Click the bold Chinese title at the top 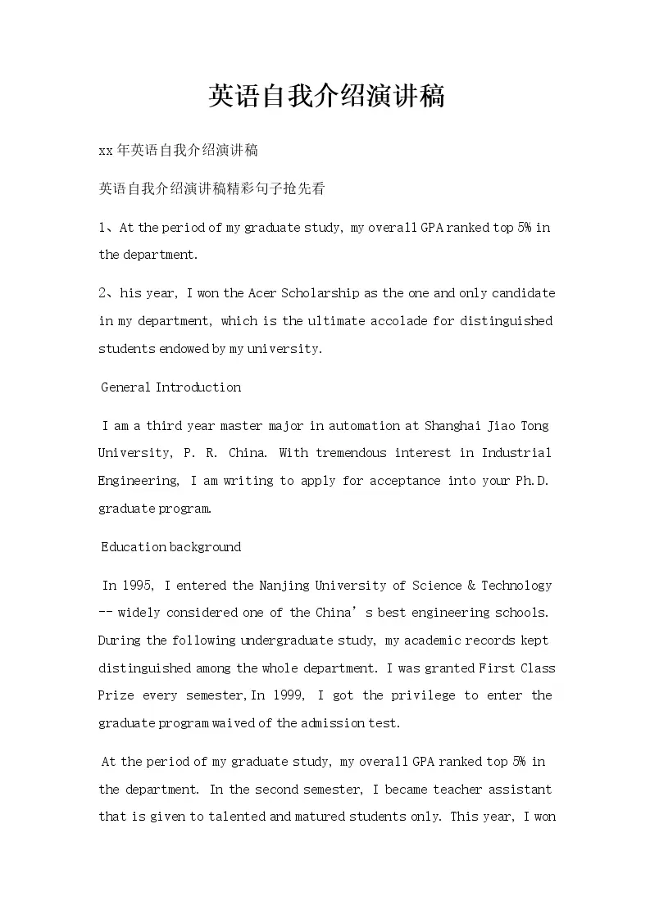(325, 97)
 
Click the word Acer (262, 293)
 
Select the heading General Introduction (170, 387)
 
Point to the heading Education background (170, 547)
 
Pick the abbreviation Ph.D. (533, 481)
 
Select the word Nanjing (287, 586)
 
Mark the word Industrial (516, 453)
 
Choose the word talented (227, 817)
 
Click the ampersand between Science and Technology (471, 586)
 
